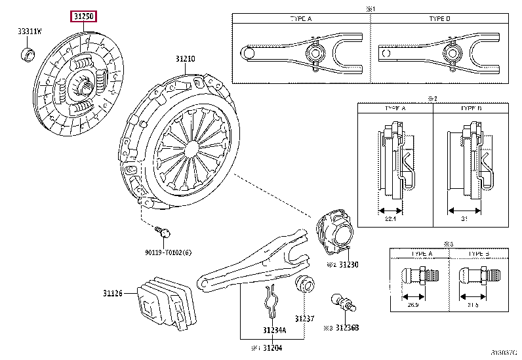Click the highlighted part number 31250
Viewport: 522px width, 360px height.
[84, 15]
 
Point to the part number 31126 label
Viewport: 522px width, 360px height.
[112, 293]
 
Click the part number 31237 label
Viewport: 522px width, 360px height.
[301, 319]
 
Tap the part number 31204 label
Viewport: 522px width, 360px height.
[270, 347]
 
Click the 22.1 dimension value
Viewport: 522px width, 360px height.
[390, 218]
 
